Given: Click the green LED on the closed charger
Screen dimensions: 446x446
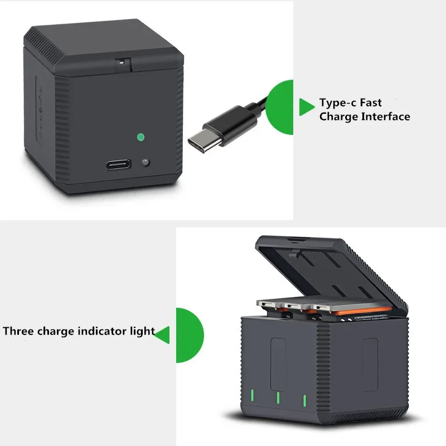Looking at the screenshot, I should (x=140, y=136).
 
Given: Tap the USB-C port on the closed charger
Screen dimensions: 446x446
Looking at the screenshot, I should (x=119, y=165).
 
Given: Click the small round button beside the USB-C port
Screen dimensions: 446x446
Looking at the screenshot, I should (x=146, y=163).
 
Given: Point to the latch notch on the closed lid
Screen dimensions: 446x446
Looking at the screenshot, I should (x=120, y=64).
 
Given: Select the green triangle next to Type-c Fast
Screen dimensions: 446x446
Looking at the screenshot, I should (x=306, y=106).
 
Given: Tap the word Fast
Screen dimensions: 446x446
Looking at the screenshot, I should (x=371, y=103).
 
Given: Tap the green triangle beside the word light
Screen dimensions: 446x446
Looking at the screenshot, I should (x=162, y=334).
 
